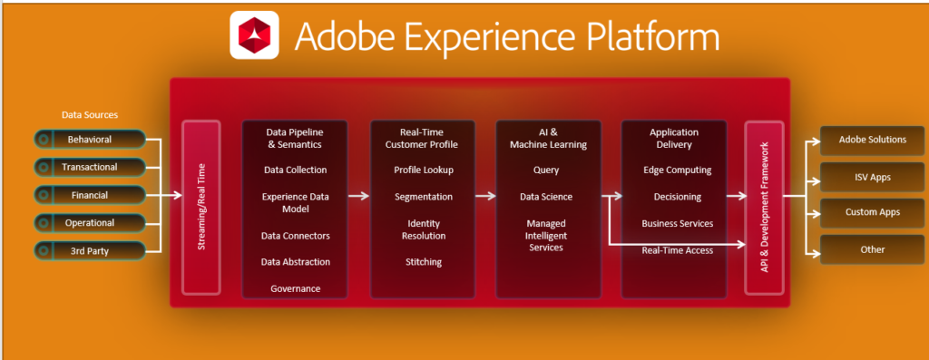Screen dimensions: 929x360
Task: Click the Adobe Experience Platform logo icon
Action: coord(254,35)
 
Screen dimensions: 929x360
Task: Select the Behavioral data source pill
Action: coord(90,140)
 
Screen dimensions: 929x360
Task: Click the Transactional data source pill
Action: coord(90,167)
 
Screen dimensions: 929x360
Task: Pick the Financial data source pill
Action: coord(90,195)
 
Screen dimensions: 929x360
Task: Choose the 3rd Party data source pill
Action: coord(90,250)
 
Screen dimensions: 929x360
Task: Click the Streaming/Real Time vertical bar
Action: coord(201,208)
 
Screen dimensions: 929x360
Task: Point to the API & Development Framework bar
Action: coord(764,208)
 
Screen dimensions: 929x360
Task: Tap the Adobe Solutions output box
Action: coord(872,141)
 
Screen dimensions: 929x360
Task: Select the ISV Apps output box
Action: coord(872,177)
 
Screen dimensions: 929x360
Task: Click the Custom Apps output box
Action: coord(872,213)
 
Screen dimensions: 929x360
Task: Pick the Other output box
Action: coord(872,249)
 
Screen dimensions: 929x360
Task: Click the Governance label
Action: coord(296,289)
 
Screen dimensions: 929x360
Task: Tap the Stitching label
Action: coord(424,262)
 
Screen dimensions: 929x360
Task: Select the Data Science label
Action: coord(546,197)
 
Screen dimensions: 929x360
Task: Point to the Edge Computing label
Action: coord(677,170)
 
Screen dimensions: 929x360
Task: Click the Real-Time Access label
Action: coord(677,250)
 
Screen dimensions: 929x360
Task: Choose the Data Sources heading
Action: coord(90,115)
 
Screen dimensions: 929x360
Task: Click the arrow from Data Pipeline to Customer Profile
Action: coord(359,197)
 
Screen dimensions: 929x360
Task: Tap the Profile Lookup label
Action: coord(424,170)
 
